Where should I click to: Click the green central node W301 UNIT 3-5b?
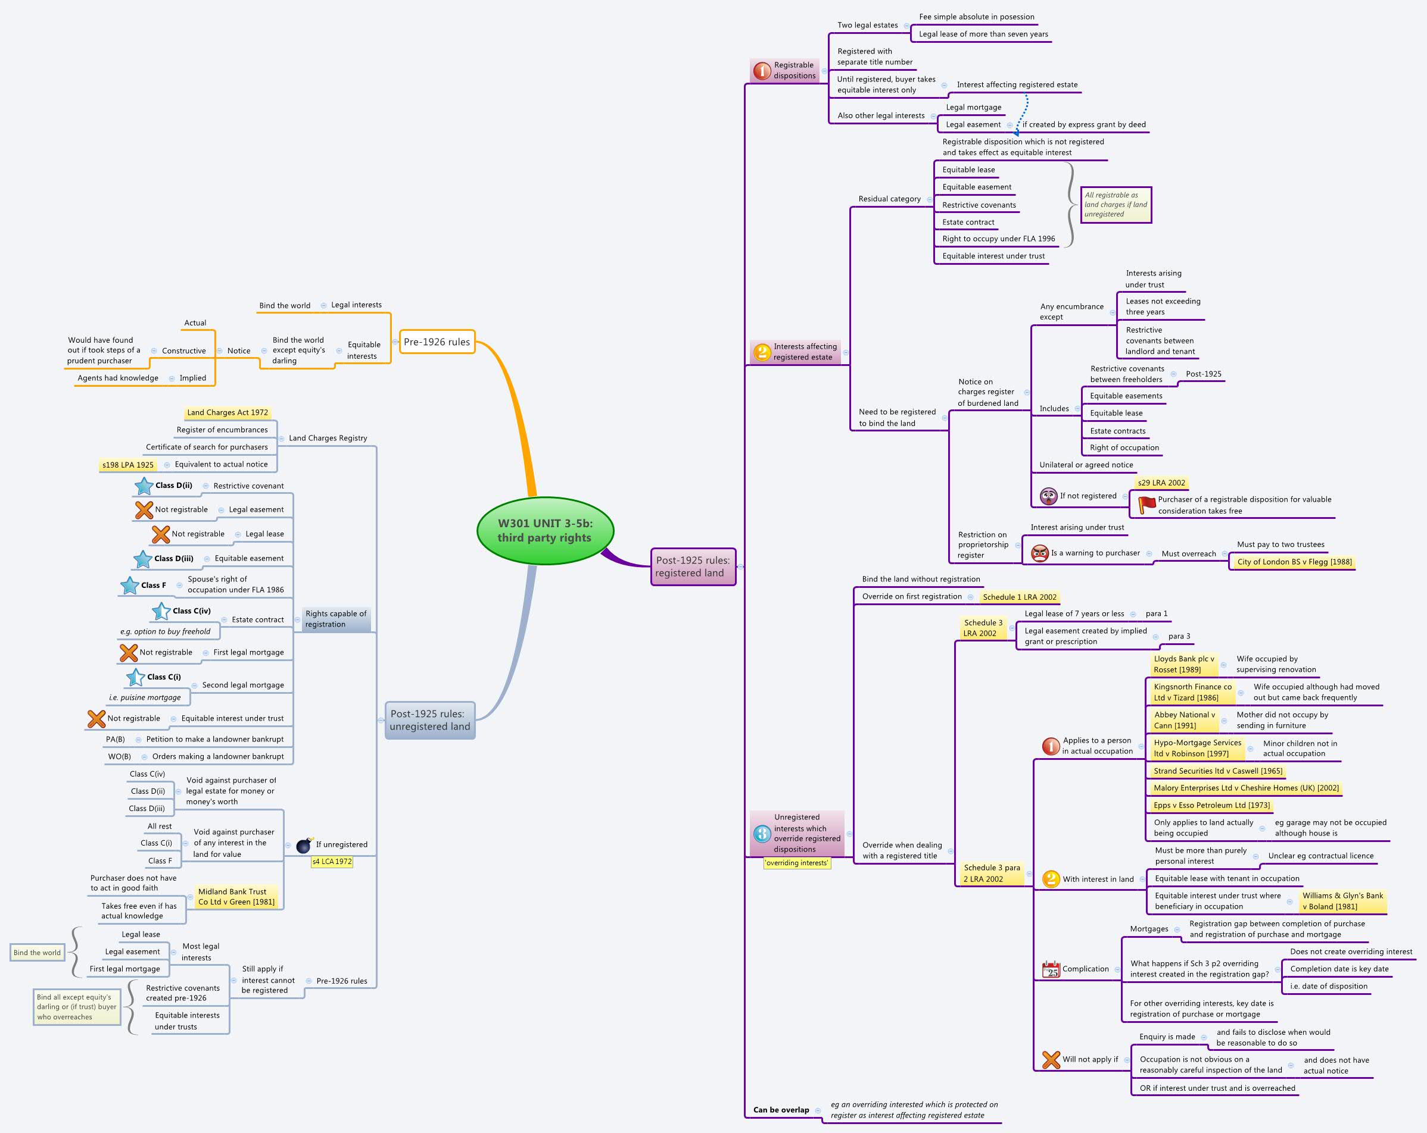click(545, 530)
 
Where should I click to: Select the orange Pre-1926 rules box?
click(437, 342)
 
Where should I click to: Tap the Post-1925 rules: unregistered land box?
click(429, 719)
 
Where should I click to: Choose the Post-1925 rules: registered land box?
click(692, 566)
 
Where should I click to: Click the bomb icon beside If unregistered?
click(304, 845)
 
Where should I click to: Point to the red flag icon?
click(1146, 505)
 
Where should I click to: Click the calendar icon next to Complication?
click(1051, 969)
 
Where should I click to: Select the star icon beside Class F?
click(130, 586)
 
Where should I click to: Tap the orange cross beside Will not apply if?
click(1051, 1060)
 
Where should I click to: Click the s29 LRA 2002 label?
click(1161, 483)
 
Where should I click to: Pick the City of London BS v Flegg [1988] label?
click(1294, 562)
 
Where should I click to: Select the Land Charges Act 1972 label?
click(227, 413)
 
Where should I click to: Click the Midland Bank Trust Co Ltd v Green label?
click(236, 897)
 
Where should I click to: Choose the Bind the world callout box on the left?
click(37, 953)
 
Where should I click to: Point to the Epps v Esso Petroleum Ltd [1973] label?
click(1211, 805)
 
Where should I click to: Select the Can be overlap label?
click(781, 1110)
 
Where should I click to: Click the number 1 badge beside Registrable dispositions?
click(762, 70)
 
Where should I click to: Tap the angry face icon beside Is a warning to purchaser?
click(1040, 553)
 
